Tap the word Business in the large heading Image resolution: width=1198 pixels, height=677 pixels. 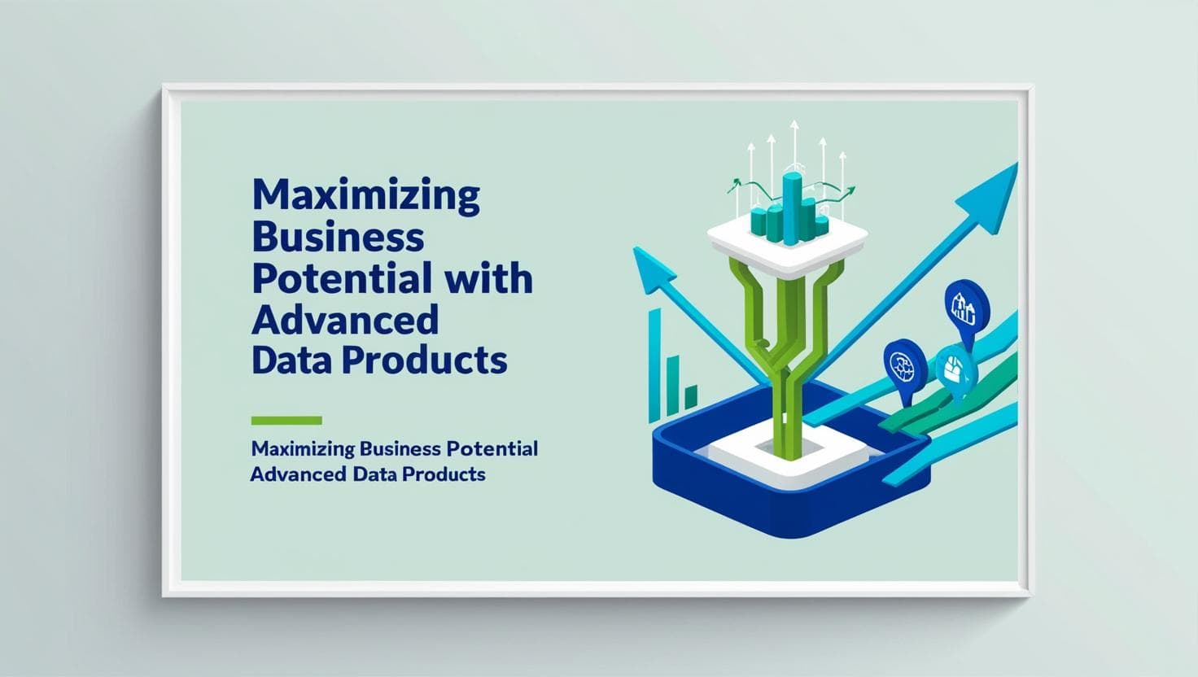point(338,238)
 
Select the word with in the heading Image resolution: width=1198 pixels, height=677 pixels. point(490,278)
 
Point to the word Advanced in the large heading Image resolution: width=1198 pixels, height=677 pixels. point(344,319)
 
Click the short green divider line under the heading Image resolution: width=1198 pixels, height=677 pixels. point(286,421)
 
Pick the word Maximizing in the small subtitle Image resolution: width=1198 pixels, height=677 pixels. point(303,448)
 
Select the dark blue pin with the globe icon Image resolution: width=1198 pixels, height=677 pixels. point(904,365)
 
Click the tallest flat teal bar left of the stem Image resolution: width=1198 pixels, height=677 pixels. point(654,363)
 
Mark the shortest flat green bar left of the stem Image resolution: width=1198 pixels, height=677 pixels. point(690,397)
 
